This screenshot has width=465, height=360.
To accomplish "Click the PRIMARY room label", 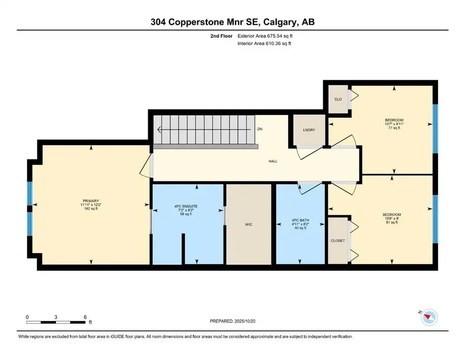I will coord(89,201).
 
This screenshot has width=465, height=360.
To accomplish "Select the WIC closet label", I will coord(249,225).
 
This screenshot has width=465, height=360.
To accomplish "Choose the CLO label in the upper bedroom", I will coord(338,99).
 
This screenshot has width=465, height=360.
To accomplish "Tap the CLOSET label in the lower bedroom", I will coord(338,240).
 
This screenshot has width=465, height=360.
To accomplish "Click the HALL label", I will coord(273,161).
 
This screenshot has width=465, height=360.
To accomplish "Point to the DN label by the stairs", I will coord(260,129).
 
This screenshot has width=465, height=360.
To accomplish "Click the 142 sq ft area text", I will coord(89,209).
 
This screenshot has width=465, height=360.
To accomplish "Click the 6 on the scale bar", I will coord(85,317).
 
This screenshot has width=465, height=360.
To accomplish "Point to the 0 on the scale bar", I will coord(28,317).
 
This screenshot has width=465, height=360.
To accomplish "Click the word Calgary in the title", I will coord(285,22).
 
